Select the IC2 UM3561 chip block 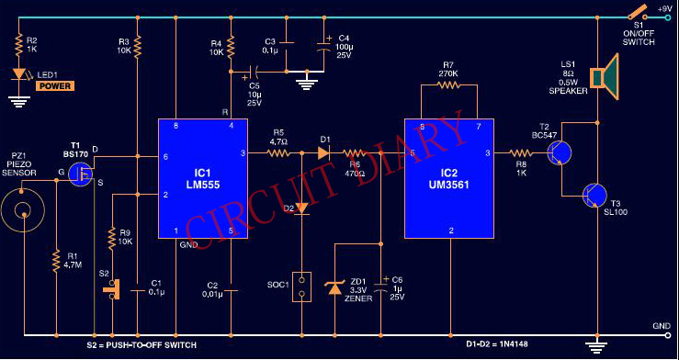449,178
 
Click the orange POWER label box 54,85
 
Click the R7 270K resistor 449,84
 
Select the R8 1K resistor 521,153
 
